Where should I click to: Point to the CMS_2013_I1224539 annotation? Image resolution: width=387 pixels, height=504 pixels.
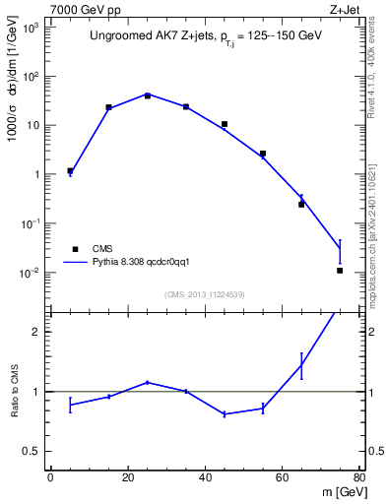click(x=204, y=294)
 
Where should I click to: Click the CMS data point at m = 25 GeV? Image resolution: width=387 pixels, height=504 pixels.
click(x=148, y=95)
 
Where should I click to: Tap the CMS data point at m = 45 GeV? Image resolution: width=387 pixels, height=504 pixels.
click(x=225, y=124)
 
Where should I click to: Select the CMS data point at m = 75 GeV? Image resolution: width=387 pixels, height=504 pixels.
click(x=340, y=270)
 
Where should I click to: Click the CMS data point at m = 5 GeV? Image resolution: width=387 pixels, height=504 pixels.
click(x=70, y=170)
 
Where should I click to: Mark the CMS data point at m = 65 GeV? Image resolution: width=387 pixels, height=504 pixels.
click(x=301, y=204)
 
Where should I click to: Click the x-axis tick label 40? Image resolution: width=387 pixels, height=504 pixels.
click(x=205, y=478)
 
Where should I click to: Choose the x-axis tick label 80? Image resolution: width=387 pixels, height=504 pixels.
click(x=359, y=478)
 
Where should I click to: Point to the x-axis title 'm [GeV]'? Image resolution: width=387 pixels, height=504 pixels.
click(x=341, y=493)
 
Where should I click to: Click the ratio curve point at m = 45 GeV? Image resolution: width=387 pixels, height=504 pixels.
click(x=225, y=414)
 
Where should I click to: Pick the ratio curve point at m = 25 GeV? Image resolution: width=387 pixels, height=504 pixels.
click(x=148, y=382)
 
